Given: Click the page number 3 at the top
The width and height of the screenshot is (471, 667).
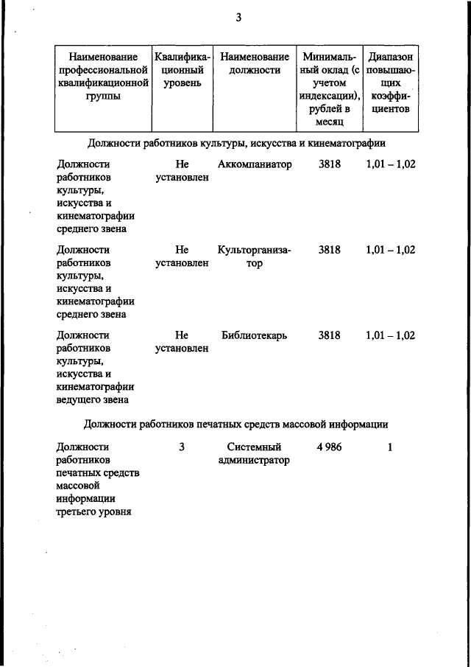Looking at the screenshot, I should (x=238, y=18).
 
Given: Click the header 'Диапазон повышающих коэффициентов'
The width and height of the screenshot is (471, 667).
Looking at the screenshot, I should (x=391, y=84).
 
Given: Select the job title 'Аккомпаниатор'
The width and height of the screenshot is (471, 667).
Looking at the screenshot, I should (x=255, y=164).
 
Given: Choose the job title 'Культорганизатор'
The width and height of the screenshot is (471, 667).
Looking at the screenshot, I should (x=255, y=256).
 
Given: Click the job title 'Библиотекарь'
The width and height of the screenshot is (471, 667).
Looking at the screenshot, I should (x=255, y=335).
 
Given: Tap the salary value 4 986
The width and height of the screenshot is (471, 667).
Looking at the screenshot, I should (x=329, y=447).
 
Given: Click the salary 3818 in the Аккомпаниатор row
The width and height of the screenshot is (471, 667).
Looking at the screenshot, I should (x=330, y=164).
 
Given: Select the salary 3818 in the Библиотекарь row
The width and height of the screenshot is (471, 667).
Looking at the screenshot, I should (x=330, y=335).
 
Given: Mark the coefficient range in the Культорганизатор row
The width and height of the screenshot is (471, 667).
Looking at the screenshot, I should (x=390, y=250).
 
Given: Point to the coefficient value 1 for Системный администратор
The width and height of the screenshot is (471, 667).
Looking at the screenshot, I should (x=390, y=447).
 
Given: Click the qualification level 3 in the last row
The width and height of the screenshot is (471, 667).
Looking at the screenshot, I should (x=182, y=447).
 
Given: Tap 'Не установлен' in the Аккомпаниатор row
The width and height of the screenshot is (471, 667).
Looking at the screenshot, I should (x=182, y=171).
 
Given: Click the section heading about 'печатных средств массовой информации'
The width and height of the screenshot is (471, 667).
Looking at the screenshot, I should (x=235, y=424).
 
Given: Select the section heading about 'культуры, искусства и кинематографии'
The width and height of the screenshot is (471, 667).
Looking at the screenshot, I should (x=235, y=142).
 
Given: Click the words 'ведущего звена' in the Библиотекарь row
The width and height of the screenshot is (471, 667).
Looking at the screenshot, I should (x=92, y=400).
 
